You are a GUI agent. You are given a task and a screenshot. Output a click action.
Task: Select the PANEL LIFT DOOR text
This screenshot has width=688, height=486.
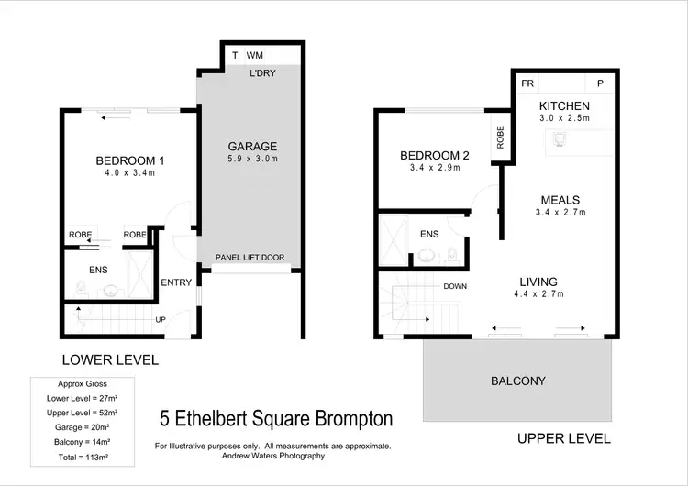click(x=250, y=258)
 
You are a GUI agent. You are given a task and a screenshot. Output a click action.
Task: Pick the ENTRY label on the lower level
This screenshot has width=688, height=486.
click(x=175, y=282)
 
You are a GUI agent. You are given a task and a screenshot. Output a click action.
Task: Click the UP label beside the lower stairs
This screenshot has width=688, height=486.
click(x=161, y=320)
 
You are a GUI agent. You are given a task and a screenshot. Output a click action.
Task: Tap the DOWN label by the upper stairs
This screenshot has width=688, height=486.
click(x=455, y=286)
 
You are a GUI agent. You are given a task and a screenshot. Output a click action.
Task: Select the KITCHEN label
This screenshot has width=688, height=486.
click(x=564, y=104)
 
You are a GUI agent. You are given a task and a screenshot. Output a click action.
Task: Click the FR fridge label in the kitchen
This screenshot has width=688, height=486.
click(x=527, y=83)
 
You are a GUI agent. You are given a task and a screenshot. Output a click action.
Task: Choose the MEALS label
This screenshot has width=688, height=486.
click(x=560, y=200)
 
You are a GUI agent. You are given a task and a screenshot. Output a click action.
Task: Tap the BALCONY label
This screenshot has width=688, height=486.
click(x=518, y=381)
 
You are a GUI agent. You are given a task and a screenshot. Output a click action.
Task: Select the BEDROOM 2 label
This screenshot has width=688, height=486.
click(x=435, y=156)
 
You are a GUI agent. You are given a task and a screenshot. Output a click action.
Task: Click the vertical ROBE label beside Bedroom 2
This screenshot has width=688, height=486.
click(x=501, y=138)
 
